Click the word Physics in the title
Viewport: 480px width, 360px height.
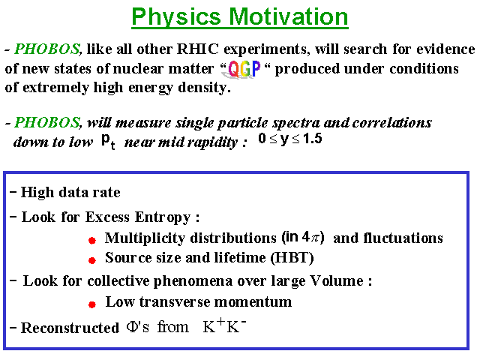click(x=176, y=18)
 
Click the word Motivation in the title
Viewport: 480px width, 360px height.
click(x=289, y=16)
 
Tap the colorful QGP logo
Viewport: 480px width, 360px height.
click(x=244, y=69)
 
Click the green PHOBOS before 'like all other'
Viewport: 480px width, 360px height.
click(x=47, y=49)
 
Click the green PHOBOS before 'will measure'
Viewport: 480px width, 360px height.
click(x=47, y=122)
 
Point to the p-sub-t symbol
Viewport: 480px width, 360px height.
click(x=108, y=142)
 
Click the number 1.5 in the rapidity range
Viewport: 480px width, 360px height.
click(x=313, y=139)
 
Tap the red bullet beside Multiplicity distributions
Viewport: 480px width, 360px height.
click(x=92, y=241)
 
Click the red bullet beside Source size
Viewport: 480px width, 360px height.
click(x=92, y=260)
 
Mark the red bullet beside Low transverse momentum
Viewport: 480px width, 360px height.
click(x=92, y=304)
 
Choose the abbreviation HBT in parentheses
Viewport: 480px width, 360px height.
click(x=292, y=258)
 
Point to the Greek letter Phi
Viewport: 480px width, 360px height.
click(x=132, y=327)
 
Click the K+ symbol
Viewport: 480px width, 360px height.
click(x=214, y=325)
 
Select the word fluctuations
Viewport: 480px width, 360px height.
click(x=403, y=238)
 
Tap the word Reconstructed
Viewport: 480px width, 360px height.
click(x=70, y=328)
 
